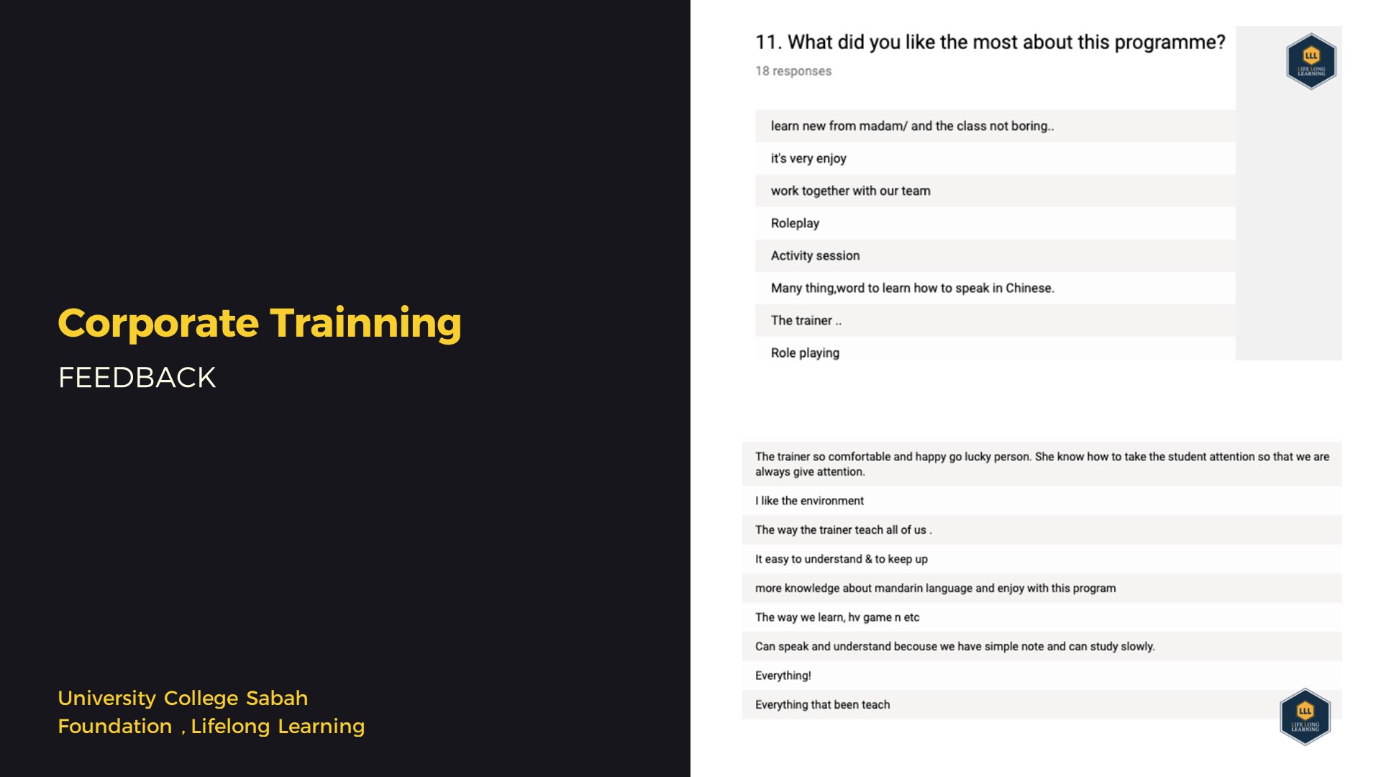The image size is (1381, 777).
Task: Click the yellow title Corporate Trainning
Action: coord(260,323)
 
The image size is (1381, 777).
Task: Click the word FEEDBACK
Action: coord(137,378)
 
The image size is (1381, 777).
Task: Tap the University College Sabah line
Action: coord(183,698)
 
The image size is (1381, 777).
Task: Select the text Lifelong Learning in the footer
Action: coord(278,727)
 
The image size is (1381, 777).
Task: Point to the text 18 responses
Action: coord(793,71)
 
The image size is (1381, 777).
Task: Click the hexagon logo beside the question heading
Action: coord(1311,61)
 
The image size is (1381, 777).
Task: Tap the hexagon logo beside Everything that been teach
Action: coord(1305,717)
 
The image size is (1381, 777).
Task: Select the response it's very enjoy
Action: coord(808,158)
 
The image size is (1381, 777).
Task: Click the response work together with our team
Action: coord(850,191)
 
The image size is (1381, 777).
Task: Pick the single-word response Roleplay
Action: coord(795,223)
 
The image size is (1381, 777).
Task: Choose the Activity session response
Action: coord(815,255)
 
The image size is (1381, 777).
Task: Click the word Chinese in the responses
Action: coord(1029,288)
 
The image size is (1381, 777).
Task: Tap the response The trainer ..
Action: coord(806,320)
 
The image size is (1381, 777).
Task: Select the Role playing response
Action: coord(805,353)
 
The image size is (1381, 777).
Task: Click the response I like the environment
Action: coord(809,501)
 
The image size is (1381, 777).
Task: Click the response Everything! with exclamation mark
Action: coord(783,676)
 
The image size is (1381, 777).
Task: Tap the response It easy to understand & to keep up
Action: coord(841,559)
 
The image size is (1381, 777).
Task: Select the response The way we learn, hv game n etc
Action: coord(837,617)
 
